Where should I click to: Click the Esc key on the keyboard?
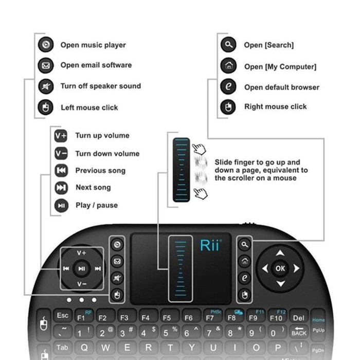coord(63,315)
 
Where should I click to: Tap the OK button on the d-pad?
coord(280,268)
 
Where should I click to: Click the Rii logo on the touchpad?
coord(210,246)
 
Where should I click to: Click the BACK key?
coord(299,333)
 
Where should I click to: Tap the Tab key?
coord(62,348)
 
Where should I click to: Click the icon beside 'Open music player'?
coord(46,45)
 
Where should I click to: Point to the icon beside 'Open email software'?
coord(46,65)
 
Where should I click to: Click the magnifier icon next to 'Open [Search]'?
coord(228,45)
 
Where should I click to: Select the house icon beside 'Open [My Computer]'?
coord(228,66)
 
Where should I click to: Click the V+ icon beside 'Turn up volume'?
coord(61,136)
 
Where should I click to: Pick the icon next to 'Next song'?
coord(61,188)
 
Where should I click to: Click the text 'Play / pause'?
coord(97,205)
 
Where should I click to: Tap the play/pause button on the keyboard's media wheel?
coord(82,268)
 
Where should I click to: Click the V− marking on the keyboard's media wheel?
coord(82,284)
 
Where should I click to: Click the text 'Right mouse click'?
coord(276,107)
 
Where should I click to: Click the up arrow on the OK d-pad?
coord(280,253)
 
